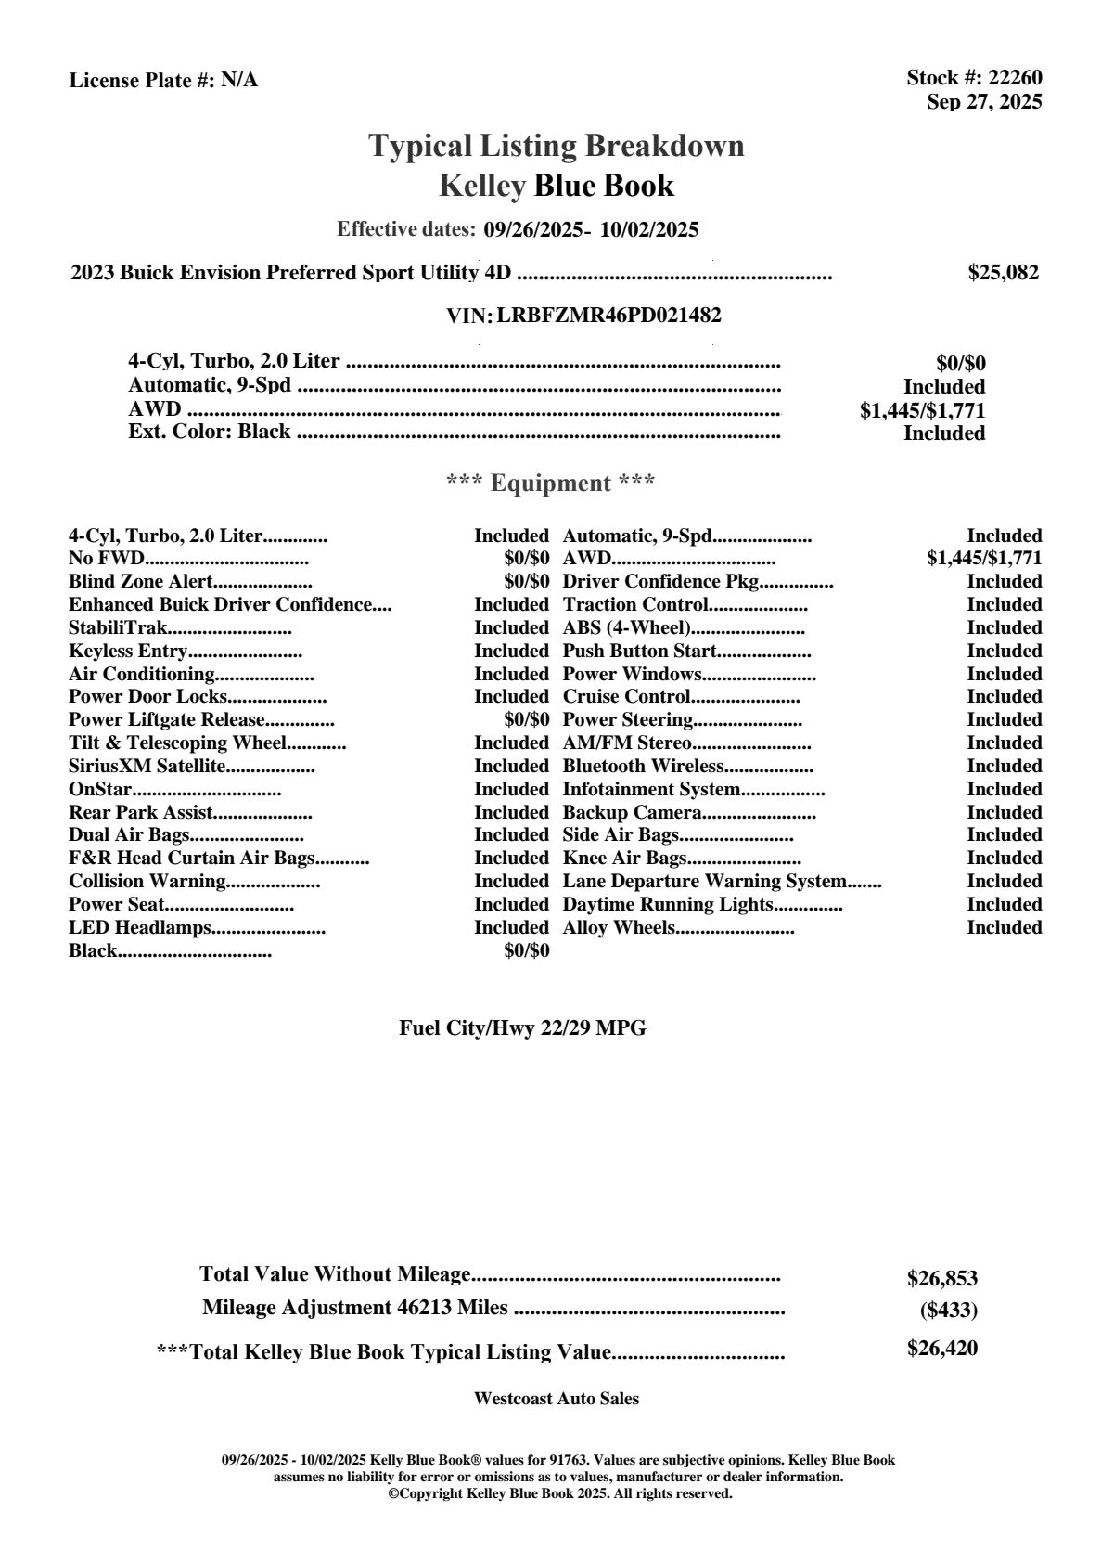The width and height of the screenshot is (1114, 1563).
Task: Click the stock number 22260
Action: [x=1015, y=79]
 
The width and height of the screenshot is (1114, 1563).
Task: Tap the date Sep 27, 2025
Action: [x=984, y=101]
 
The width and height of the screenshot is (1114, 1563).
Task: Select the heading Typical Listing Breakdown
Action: [x=557, y=146]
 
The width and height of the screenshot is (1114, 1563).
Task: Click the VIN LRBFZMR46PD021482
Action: [x=608, y=316]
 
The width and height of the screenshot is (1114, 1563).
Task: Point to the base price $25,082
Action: [x=1003, y=273]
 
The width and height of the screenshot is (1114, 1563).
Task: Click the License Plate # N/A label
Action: [x=163, y=81]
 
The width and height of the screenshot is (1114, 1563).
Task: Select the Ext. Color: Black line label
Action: [x=210, y=432]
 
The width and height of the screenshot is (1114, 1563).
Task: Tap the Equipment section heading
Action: [x=551, y=483]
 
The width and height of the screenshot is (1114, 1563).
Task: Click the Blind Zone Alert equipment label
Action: [x=141, y=582]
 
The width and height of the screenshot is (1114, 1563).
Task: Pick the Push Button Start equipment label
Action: [x=639, y=652]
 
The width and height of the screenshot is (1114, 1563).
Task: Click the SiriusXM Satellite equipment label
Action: [x=147, y=767]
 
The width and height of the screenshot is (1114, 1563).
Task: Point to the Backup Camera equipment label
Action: [x=632, y=813]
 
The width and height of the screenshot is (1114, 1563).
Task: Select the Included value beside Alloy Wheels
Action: [x=1004, y=928]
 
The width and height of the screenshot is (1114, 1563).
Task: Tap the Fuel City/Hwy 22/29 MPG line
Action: [x=522, y=1028]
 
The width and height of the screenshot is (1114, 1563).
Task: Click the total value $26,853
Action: [x=941, y=1279]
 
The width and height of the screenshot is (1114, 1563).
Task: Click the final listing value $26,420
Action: [x=941, y=1349]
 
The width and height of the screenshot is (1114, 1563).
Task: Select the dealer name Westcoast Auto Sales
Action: [x=556, y=1399]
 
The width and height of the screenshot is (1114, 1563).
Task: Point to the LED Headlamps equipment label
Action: [x=140, y=928]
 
